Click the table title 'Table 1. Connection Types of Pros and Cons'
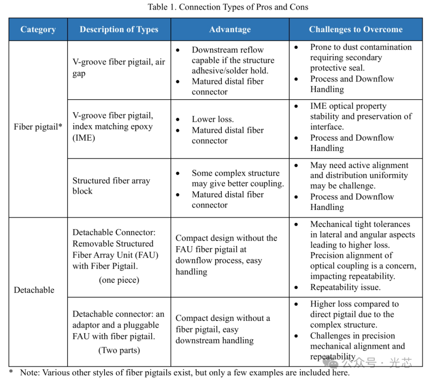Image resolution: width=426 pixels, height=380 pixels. (228, 7)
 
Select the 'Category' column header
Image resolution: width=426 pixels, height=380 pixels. (38, 30)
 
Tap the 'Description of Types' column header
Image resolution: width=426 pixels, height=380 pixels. (119, 30)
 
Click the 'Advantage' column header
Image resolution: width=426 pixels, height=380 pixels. (230, 30)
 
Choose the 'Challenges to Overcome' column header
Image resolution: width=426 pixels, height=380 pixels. (355, 30)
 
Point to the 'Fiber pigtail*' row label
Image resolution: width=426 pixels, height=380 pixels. (38, 127)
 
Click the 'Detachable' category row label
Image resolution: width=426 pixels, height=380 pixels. (34, 290)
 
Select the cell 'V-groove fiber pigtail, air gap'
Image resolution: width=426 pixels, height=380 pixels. (118, 68)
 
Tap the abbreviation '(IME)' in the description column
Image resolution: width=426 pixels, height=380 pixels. (84, 137)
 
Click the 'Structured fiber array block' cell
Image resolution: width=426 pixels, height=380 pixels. (111, 186)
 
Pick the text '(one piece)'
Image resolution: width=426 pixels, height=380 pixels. (119, 280)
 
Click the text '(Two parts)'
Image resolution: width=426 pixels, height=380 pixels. (119, 350)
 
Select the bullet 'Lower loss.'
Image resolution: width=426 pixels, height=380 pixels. (213, 119)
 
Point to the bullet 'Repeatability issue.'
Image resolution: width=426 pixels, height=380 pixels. (345, 287)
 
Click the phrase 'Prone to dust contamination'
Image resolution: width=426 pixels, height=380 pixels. (361, 47)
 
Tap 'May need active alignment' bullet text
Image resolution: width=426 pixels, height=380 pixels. (359, 165)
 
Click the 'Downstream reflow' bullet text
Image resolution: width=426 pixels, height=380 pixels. (228, 50)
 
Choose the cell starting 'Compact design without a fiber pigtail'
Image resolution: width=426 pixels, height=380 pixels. (223, 329)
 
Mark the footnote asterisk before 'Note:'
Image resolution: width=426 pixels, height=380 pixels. (11, 372)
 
